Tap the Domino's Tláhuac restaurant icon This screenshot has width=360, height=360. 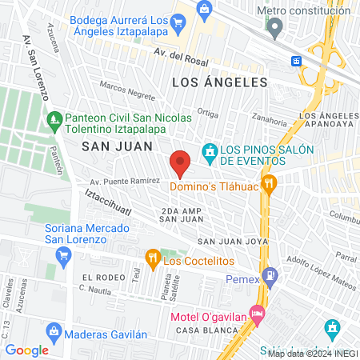(270, 182)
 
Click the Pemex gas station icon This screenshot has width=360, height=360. (272, 278)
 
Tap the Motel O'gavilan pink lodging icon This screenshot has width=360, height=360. (256, 313)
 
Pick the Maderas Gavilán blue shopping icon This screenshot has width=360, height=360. (54, 330)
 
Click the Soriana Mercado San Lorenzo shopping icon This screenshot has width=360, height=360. (63, 254)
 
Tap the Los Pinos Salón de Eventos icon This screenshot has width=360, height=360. (210, 150)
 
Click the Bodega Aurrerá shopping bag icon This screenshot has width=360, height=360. (205, 10)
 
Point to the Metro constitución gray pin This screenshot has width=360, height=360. (276, 28)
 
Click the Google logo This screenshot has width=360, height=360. (26, 350)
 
